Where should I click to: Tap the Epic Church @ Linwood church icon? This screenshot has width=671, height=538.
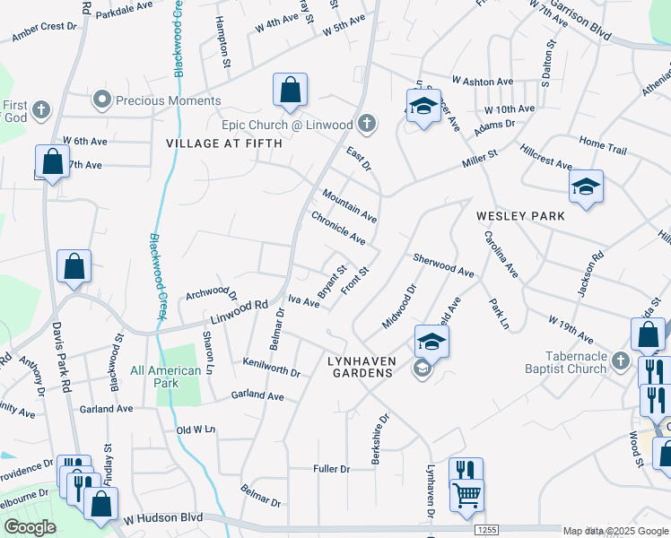(x=366, y=123)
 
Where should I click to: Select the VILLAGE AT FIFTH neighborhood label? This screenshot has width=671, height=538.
(x=223, y=143)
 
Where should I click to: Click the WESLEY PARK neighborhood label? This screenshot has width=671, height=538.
(x=520, y=216)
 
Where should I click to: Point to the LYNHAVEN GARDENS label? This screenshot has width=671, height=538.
(x=360, y=365)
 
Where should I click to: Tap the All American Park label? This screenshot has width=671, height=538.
(x=165, y=377)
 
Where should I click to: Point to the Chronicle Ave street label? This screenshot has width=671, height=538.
(x=338, y=228)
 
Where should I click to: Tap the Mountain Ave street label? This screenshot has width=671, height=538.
(x=350, y=204)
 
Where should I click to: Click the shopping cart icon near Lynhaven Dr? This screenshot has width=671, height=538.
(x=466, y=494)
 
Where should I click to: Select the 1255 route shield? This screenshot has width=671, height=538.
(x=482, y=531)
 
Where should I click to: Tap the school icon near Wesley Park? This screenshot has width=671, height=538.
(x=586, y=187)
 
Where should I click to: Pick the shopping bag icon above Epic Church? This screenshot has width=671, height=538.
(x=290, y=90)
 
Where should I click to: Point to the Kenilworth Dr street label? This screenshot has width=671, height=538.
(x=271, y=366)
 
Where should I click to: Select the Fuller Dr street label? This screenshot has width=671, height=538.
(x=331, y=468)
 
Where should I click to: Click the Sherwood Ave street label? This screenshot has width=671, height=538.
(x=443, y=265)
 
